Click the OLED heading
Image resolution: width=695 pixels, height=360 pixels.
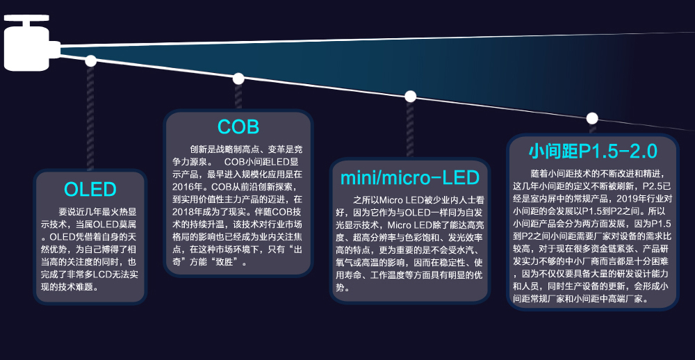[x=90, y=189]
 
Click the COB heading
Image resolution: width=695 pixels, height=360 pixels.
[x=238, y=127]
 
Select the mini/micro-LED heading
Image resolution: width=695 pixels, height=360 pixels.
[x=410, y=177]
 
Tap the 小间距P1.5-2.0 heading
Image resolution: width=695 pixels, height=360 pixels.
[x=592, y=151]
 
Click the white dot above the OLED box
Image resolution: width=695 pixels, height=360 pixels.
[x=90, y=60]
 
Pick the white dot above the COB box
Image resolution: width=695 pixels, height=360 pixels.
[x=238, y=79]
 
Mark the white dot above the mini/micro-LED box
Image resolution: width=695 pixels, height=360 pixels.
[x=410, y=96]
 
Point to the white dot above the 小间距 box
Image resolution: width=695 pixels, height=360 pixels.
[x=592, y=118]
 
